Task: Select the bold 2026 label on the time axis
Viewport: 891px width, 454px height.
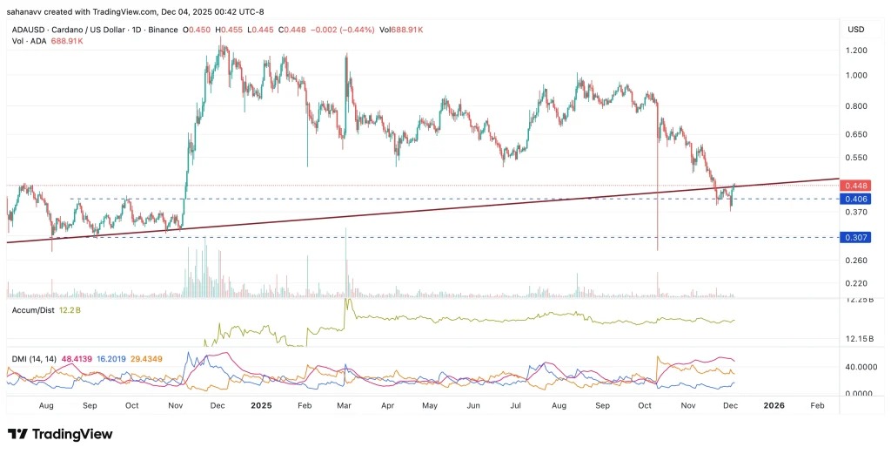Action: click(x=774, y=405)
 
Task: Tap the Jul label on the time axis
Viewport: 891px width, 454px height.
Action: click(x=515, y=405)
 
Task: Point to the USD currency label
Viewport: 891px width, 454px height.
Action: click(x=854, y=30)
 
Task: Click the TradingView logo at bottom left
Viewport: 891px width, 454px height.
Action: click(x=60, y=434)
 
